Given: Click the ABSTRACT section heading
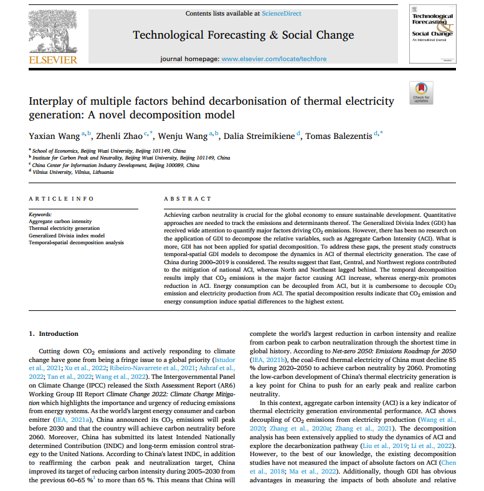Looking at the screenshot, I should point(187,198).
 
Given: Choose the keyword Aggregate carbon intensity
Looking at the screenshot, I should point(60,221).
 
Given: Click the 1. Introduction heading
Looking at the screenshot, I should point(54,335).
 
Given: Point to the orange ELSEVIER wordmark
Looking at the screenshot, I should point(52,60).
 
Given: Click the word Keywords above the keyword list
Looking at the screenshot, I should point(40,214).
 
